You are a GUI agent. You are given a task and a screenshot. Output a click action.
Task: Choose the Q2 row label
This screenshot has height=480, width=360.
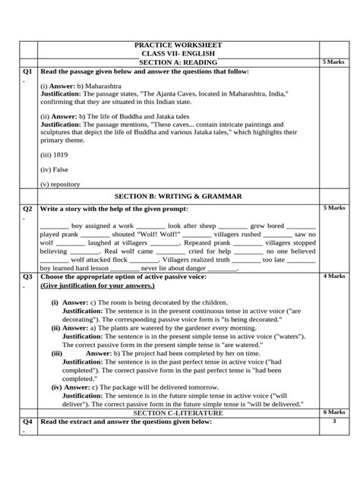27,207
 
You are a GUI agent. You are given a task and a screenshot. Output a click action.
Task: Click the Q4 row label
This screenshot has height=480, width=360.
27,422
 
